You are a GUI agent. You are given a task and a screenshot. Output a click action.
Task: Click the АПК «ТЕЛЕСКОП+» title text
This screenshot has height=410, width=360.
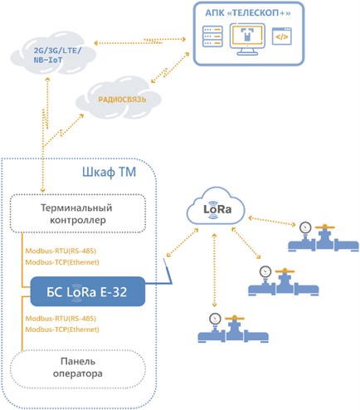[248, 13]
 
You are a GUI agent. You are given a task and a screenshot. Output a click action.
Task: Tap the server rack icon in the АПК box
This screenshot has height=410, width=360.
[212, 37]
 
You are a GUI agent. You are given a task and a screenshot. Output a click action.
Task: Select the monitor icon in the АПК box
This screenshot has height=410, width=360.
[247, 39]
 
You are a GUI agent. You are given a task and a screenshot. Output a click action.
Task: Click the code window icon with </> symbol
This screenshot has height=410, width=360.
[282, 37]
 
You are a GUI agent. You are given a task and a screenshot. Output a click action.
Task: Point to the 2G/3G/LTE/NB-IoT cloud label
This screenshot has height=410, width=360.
[57, 55]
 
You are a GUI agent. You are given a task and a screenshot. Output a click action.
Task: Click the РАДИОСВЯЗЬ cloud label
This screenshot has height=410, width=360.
[122, 100]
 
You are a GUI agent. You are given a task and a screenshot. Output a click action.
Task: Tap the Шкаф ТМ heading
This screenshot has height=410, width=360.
[109, 172]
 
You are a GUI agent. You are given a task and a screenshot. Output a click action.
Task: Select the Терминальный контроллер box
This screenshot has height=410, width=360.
[78, 213]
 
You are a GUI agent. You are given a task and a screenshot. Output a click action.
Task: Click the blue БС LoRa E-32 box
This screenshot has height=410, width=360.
[88, 291]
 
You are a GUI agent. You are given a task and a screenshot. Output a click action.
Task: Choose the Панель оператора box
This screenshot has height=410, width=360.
[78, 369]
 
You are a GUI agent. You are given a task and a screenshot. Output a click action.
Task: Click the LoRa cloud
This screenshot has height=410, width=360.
[216, 207]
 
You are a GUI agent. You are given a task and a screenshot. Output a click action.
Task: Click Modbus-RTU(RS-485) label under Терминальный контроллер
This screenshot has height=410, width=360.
[61, 251]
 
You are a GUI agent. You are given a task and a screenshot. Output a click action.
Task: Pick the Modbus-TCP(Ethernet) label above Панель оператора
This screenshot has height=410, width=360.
[62, 329]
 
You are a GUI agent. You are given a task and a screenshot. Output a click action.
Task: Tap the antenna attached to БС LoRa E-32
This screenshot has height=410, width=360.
[168, 271]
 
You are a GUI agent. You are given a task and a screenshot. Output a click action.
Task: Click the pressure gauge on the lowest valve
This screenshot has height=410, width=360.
[215, 319]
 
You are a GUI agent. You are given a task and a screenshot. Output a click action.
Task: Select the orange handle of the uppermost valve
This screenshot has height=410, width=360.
[325, 227]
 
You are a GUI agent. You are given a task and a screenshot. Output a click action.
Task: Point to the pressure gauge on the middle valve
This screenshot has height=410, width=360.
[265, 271]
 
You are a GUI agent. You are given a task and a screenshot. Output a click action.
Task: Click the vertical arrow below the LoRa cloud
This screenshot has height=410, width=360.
[214, 271]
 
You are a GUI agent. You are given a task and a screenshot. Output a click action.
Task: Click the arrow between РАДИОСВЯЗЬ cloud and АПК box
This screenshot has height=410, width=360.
[170, 68]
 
